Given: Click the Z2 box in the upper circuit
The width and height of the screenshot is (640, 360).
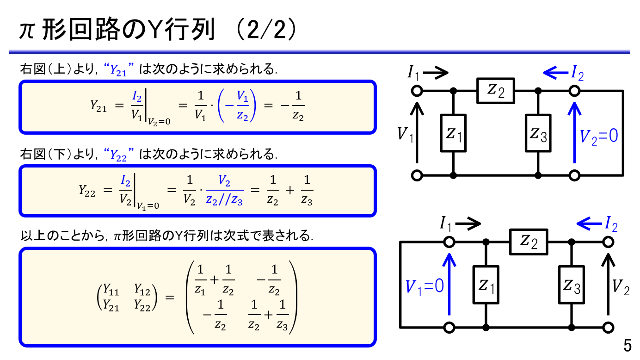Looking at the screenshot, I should click(496, 91).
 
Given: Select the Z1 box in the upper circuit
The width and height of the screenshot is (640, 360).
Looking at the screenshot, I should click(453, 133).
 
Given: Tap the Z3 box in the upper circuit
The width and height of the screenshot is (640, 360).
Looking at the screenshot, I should click(538, 133).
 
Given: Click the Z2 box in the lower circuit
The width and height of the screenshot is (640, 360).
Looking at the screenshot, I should click(529, 242).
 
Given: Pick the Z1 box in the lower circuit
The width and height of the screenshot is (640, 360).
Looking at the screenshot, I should click(486, 285).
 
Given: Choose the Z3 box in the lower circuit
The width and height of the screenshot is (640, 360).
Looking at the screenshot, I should click(571, 285).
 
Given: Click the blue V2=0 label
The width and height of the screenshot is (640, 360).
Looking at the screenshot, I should click(599, 137).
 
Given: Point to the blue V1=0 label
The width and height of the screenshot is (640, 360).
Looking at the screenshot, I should click(425, 287).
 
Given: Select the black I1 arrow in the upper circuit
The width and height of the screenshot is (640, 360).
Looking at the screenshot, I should click(436, 72).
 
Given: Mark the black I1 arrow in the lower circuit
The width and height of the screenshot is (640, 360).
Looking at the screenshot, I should click(468, 224).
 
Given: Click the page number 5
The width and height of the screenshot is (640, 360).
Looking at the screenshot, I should click(627, 346).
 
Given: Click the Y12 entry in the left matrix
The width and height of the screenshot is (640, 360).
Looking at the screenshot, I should click(142, 291).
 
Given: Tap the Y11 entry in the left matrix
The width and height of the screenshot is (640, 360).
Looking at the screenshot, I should click(111, 291).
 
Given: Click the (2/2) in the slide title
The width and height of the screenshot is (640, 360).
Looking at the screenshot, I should click(265, 31).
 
